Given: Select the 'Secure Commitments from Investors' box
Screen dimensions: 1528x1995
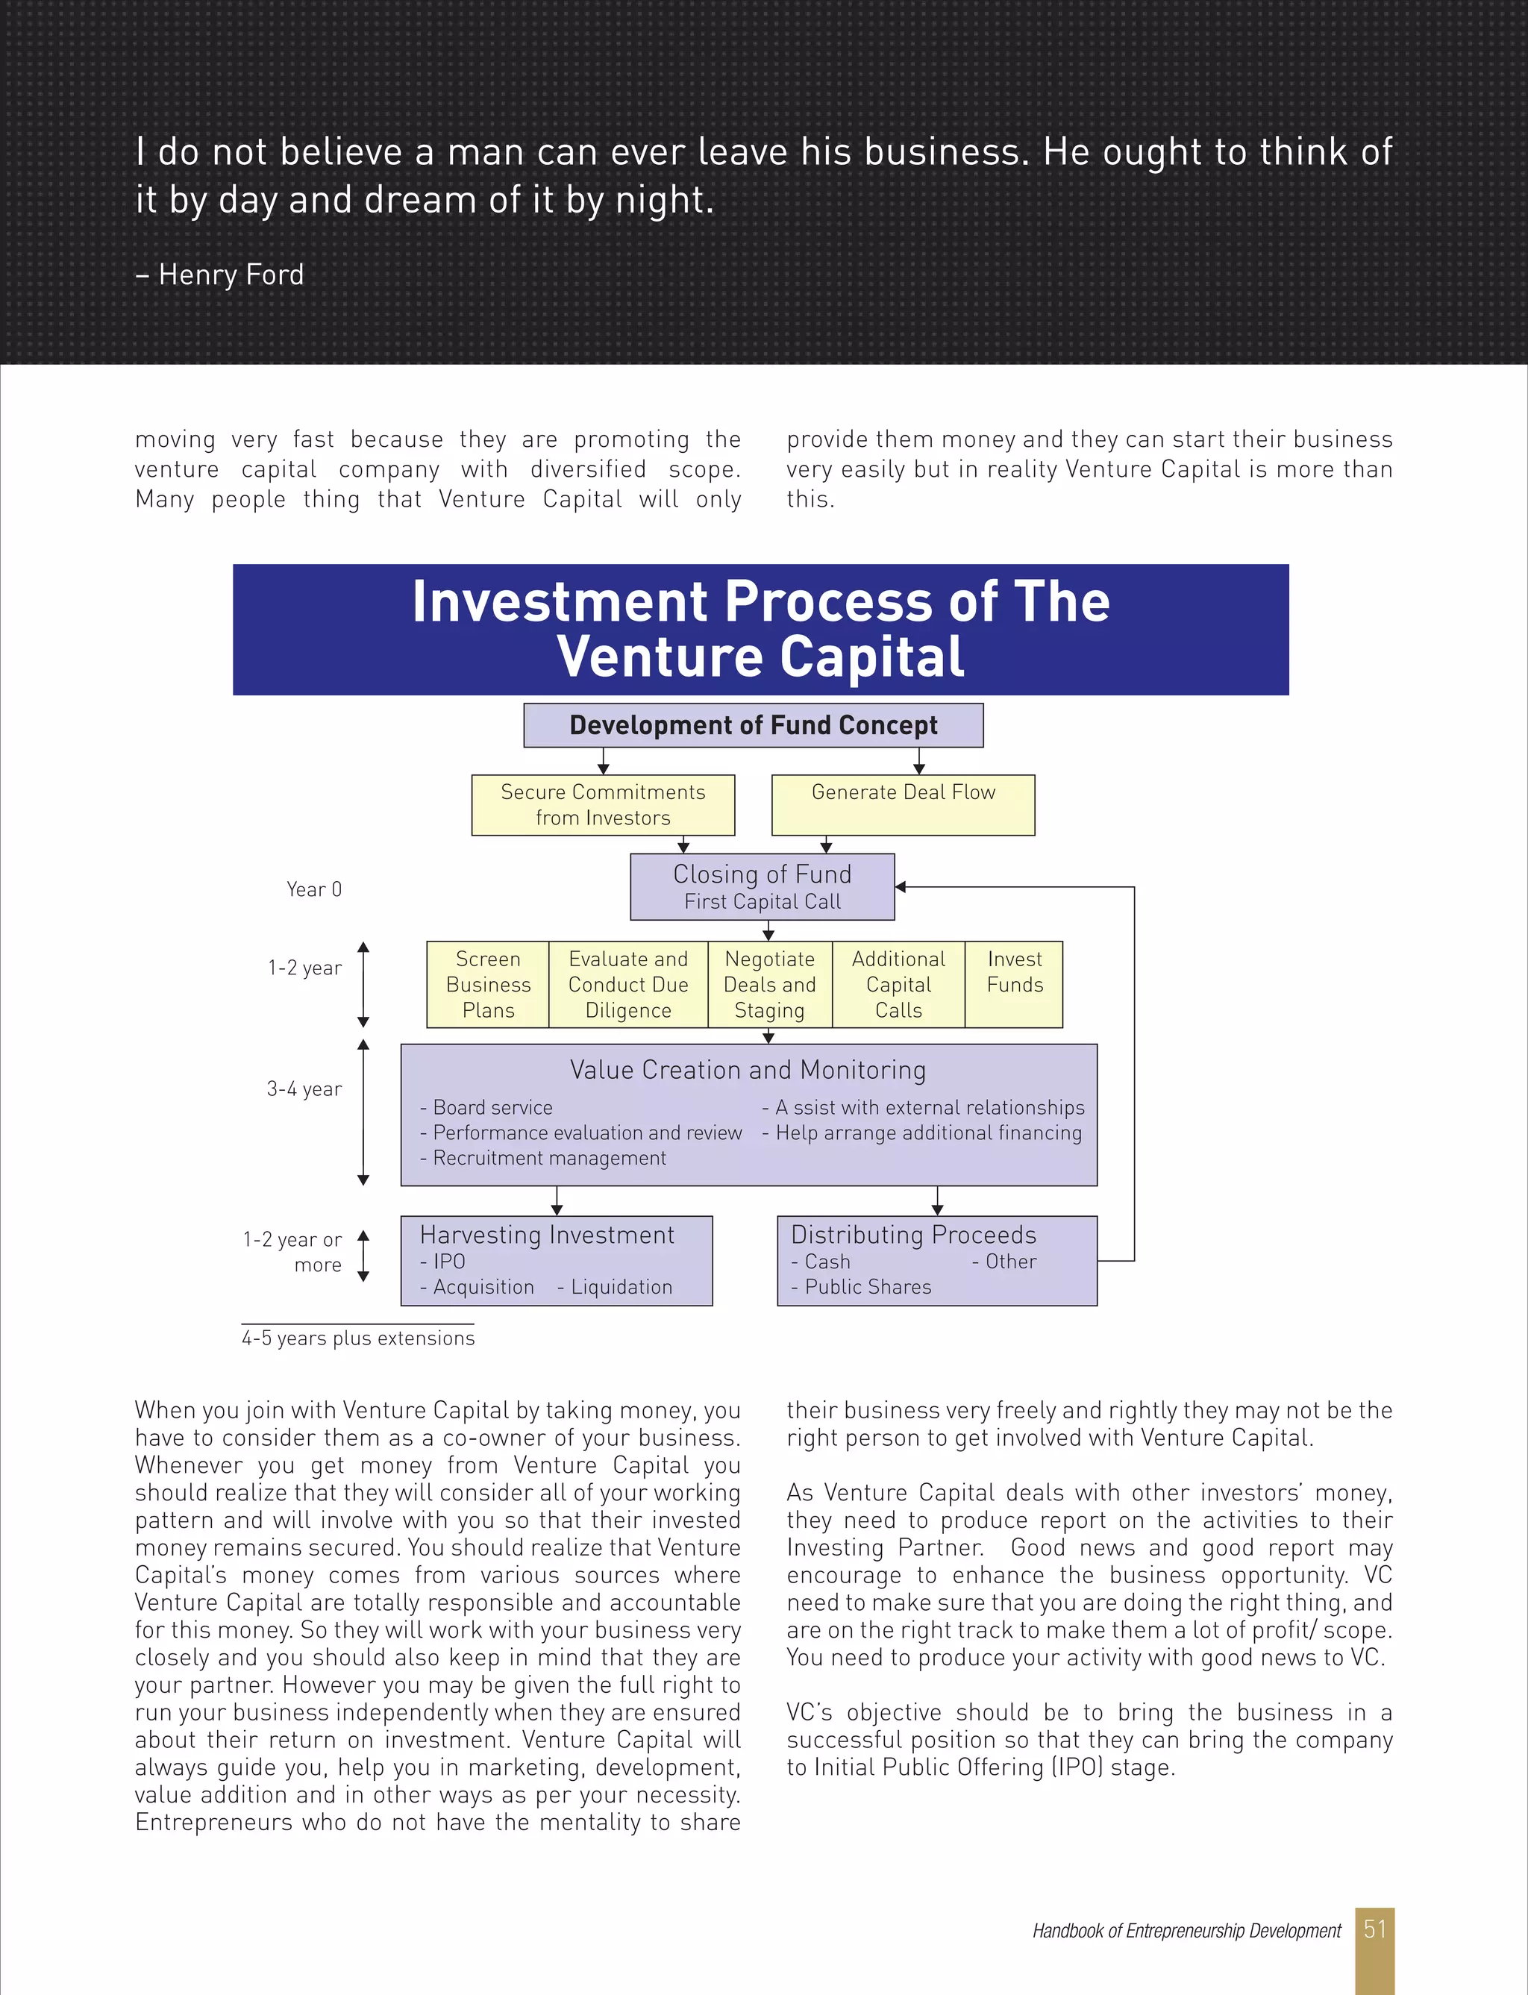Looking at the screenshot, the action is pyautogui.click(x=602, y=805).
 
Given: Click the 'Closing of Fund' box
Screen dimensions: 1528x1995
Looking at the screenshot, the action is pyautogui.click(x=763, y=886).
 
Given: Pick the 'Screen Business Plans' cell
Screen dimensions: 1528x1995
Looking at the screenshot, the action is pyautogui.click(x=489, y=984).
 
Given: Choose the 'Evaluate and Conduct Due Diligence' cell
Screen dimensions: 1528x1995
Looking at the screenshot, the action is pyautogui.click(x=627, y=984).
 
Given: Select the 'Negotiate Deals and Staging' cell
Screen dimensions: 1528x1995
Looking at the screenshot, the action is pyautogui.click(x=769, y=984).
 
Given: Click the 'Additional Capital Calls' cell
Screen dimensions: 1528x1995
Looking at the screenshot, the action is pyautogui.click(x=898, y=984).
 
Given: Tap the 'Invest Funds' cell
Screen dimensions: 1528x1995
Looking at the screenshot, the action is pyautogui.click(x=1014, y=972).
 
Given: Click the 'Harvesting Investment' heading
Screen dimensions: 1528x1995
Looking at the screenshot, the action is pyautogui.click(x=547, y=1235).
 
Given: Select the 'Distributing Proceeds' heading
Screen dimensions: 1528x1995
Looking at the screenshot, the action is pyautogui.click(x=913, y=1235).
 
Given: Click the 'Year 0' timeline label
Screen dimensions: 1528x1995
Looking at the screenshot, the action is pyautogui.click(x=314, y=889).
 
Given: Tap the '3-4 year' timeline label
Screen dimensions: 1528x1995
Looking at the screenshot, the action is pyautogui.click(x=304, y=1089).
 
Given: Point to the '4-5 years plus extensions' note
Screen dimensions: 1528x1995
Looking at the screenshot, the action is pyautogui.click(x=357, y=1338).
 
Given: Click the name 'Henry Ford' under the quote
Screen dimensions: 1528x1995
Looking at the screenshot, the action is pyautogui.click(x=231, y=275).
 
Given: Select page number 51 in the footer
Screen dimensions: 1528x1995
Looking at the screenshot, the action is pyautogui.click(x=1374, y=1929).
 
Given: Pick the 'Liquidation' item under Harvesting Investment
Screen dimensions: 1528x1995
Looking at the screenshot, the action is pyautogui.click(x=621, y=1287).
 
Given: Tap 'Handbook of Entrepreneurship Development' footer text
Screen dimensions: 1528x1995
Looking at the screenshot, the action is pyautogui.click(x=1186, y=1930).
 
